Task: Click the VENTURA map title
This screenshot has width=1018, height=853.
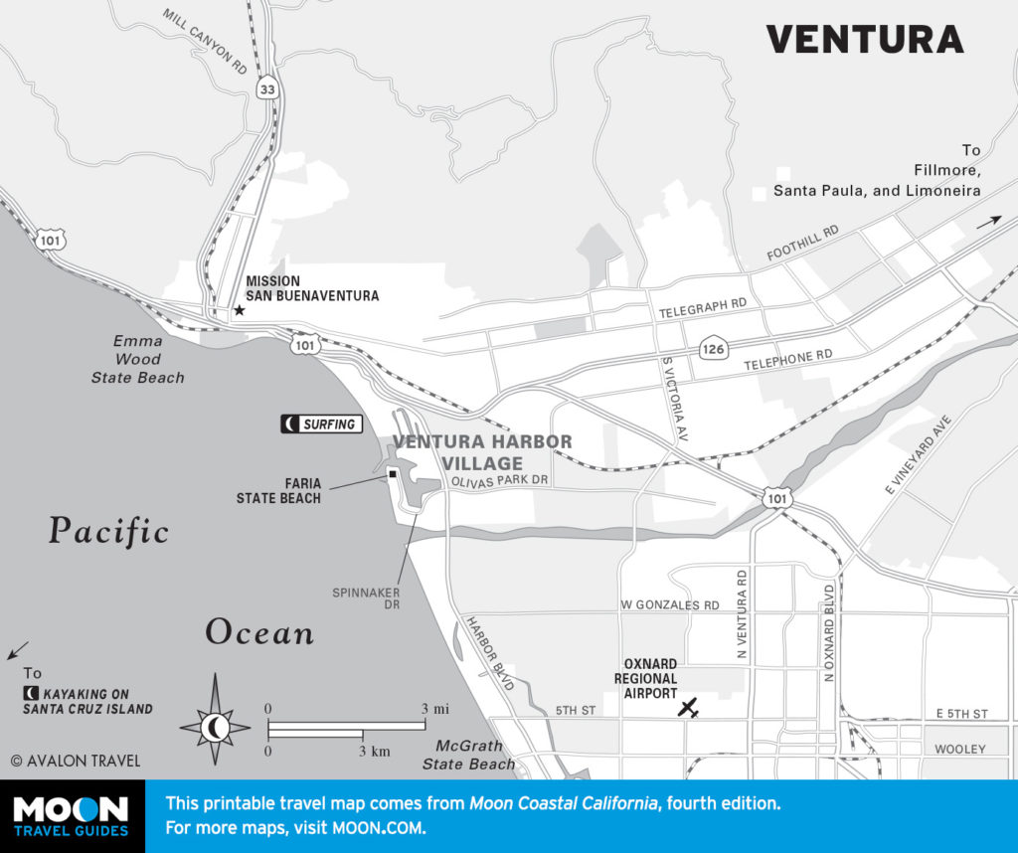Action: [864, 39]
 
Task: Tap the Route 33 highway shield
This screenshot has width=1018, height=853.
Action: [266, 89]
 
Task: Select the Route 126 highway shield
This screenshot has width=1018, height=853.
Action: [712, 349]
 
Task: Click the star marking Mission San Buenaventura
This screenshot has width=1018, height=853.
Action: [239, 311]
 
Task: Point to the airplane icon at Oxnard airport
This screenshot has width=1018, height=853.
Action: [688, 708]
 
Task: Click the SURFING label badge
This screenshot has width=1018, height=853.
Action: [320, 425]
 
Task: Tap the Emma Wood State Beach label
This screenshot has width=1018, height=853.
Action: [137, 359]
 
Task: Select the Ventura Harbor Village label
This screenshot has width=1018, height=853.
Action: [482, 452]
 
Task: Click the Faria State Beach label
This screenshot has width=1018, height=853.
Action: [278, 490]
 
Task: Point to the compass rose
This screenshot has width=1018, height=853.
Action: [215, 728]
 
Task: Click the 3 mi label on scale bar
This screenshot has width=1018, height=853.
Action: [433, 708]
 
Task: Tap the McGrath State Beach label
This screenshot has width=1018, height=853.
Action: [468, 755]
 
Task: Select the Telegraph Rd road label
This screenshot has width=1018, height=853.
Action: [702, 311]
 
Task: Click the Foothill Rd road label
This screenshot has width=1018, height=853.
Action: [802, 243]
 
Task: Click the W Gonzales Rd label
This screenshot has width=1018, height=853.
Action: [669, 604]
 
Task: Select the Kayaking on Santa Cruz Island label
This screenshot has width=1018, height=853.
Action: [88, 701]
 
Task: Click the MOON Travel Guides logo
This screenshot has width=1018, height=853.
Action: [71, 816]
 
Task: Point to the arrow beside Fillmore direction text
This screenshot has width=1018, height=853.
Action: [990, 223]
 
